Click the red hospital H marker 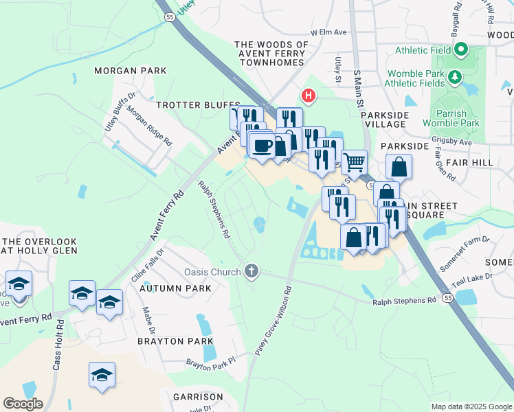click(x=309, y=95)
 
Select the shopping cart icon click(x=354, y=163)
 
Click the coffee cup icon click(x=262, y=146)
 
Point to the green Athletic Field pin click(x=462, y=50)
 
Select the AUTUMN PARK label click(x=175, y=288)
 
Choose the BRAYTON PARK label click(x=170, y=341)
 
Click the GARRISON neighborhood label click(x=198, y=397)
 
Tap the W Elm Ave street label click(x=328, y=32)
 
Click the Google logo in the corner click(x=23, y=404)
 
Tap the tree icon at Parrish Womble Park click(x=454, y=77)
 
